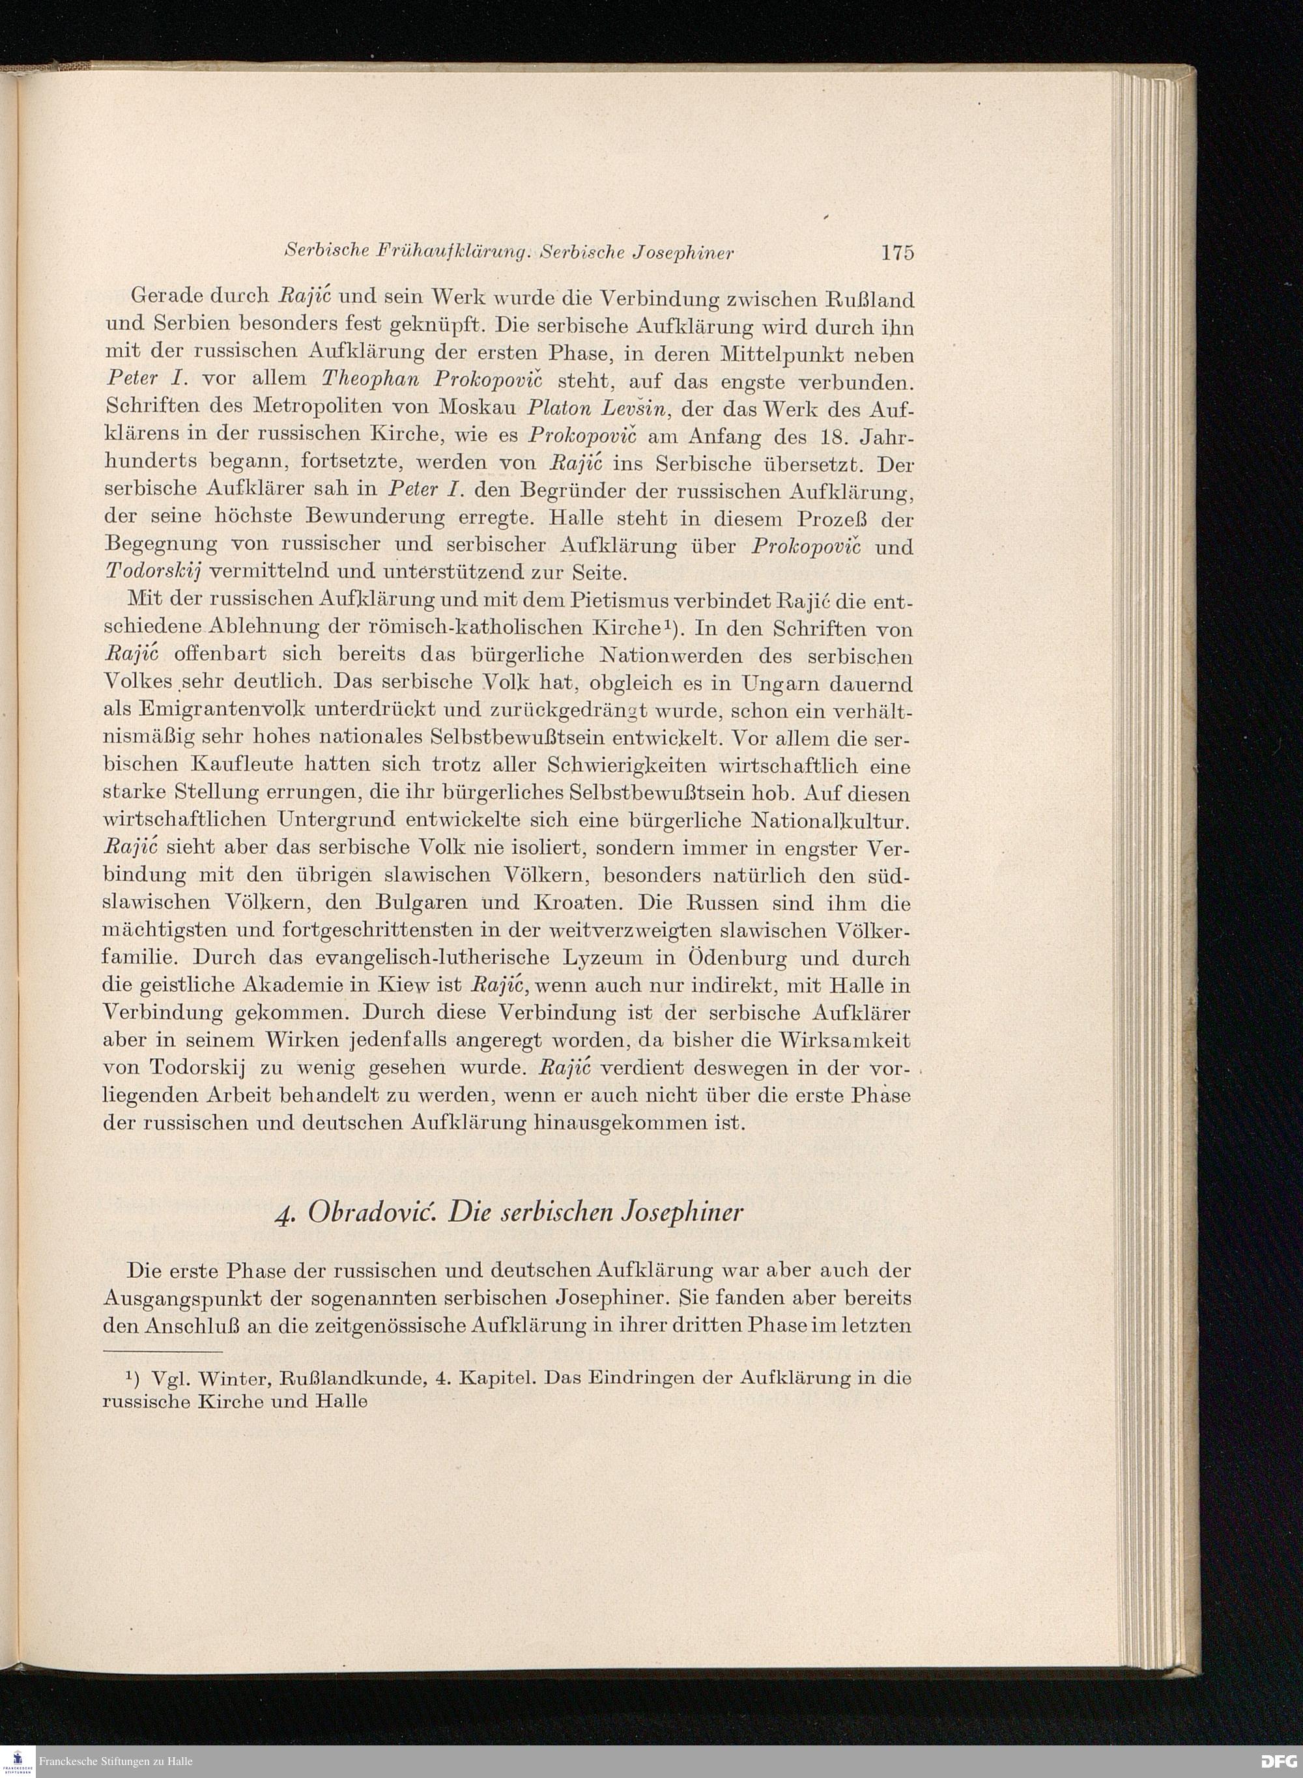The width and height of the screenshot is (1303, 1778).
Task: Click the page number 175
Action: pos(897,254)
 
